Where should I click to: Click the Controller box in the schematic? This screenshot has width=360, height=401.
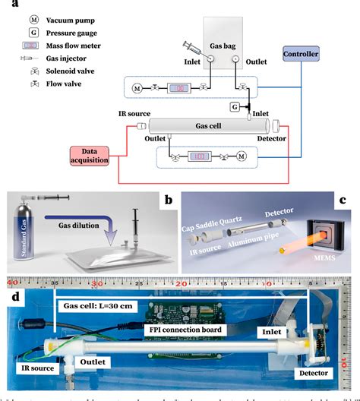click(x=322, y=55)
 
